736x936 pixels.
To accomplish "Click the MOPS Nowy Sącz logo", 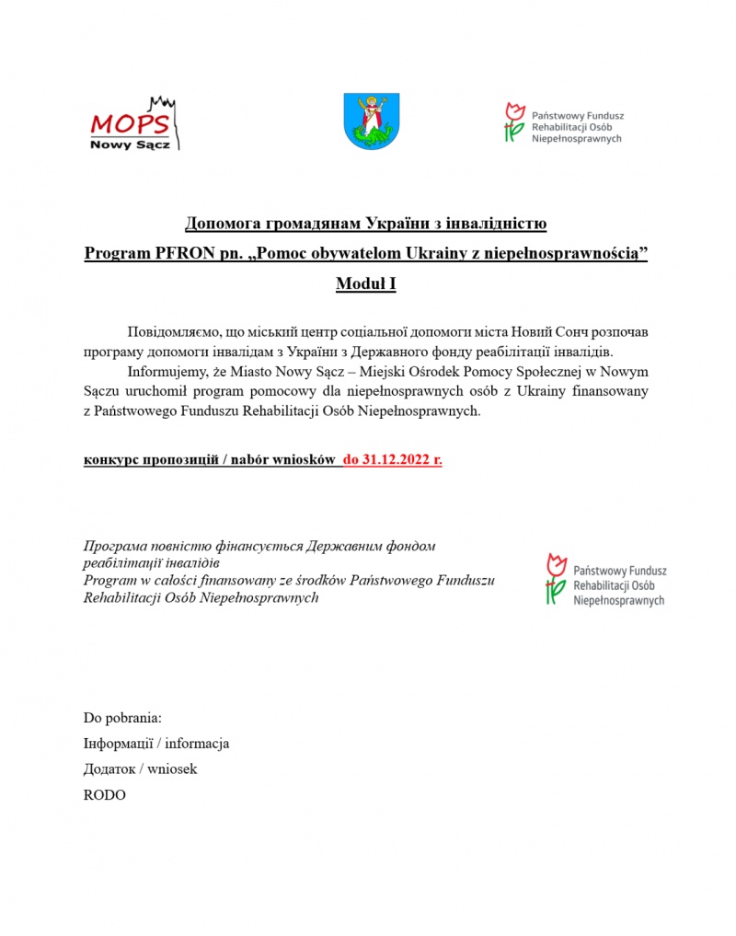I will pyautogui.click(x=134, y=124).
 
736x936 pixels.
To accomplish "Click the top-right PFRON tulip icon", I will pyautogui.click(x=514, y=122).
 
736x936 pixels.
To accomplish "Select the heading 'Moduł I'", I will pyautogui.click(x=366, y=284).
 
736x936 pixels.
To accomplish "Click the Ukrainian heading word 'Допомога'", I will pyautogui.click(x=224, y=223).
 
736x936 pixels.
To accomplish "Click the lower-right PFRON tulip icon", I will pyautogui.click(x=555, y=578).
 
